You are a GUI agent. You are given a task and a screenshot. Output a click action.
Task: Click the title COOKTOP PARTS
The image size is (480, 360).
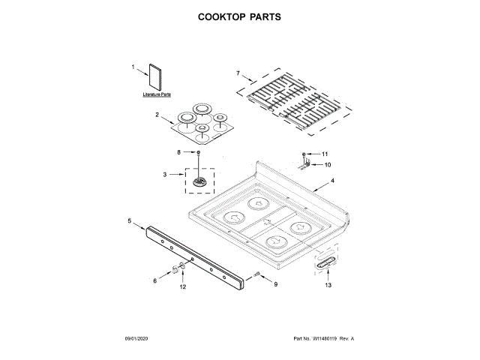pos(239,16)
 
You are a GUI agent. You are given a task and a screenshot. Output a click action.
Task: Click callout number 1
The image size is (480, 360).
pos(134,67)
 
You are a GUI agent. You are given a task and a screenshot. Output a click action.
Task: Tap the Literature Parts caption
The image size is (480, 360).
pos(157,95)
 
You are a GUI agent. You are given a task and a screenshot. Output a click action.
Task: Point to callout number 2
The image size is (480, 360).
pos(157,115)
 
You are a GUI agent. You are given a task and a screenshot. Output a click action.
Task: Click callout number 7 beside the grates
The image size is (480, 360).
pos(238,73)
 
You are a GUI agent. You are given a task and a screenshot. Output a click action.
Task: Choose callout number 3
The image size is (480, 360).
pos(165,175)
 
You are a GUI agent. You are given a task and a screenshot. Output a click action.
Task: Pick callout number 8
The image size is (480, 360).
pos(178,152)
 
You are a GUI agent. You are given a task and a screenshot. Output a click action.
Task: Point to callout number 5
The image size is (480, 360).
pos(129,221)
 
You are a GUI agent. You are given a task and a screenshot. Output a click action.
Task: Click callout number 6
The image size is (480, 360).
pos(156,280)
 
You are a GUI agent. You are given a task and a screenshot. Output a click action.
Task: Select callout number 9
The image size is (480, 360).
pos(275,284)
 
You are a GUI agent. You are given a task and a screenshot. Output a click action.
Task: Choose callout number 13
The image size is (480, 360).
pos(328,286)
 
